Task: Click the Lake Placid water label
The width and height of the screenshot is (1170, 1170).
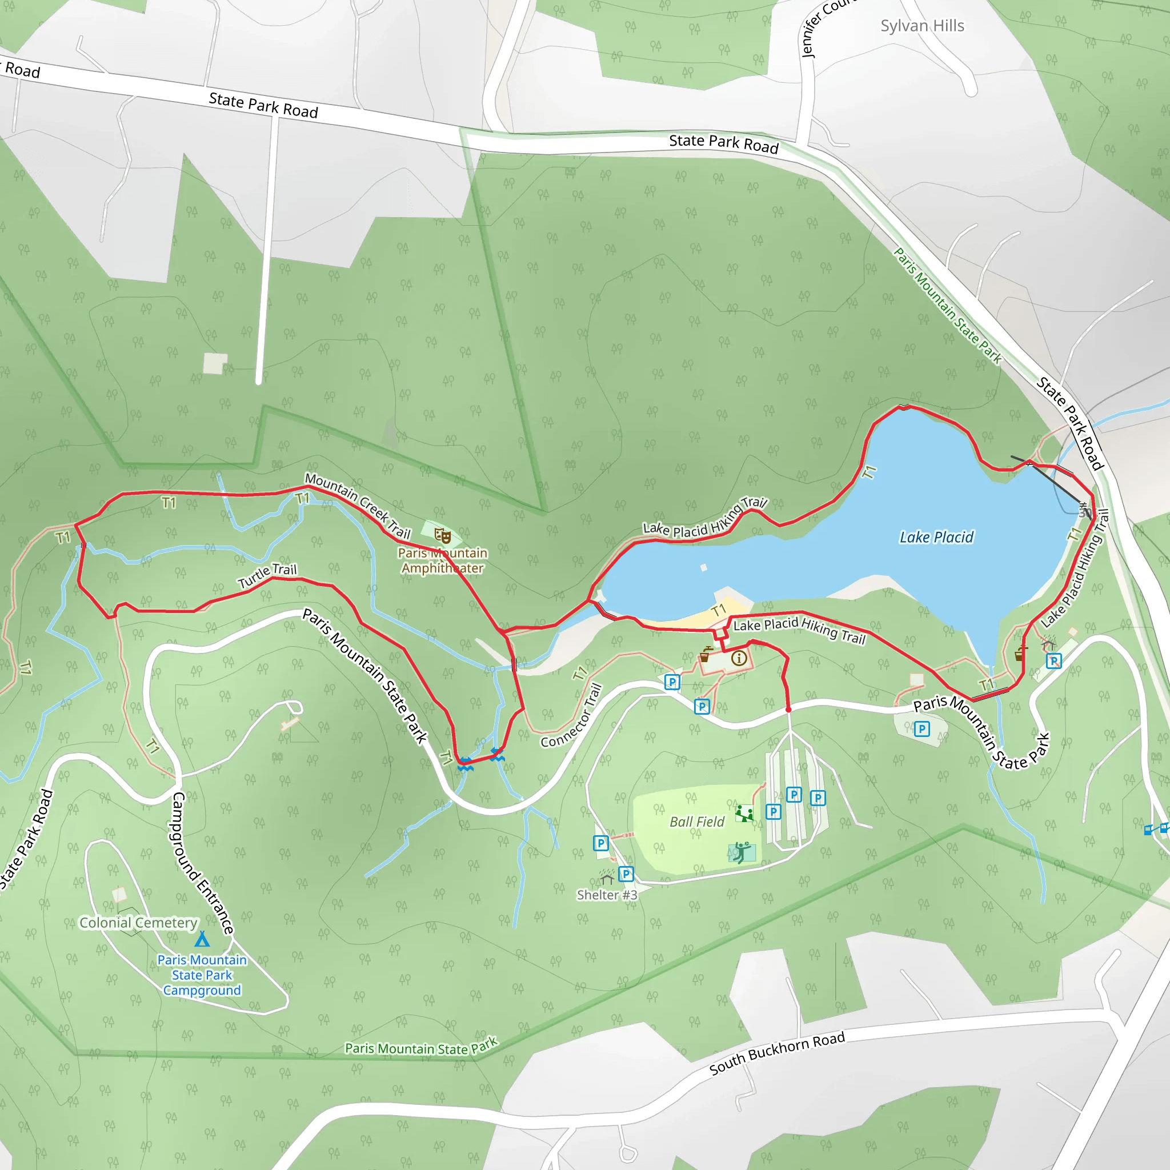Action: [936, 537]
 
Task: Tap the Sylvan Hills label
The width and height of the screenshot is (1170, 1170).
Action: [921, 26]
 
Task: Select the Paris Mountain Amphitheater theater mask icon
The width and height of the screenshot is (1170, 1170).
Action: [443, 536]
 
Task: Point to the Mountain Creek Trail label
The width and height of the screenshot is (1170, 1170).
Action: [357, 506]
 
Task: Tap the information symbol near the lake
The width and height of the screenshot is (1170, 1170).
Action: [739, 658]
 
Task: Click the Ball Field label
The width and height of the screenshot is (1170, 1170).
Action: [696, 822]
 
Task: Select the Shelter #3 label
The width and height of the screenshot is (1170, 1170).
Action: [607, 895]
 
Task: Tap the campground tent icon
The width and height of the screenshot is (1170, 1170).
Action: [202, 939]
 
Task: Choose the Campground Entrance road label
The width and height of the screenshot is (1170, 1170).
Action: [202, 863]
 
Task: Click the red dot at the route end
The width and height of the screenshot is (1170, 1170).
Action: [788, 709]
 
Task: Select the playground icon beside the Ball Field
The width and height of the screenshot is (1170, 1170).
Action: [744, 813]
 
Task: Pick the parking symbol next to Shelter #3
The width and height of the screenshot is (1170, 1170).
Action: [626, 874]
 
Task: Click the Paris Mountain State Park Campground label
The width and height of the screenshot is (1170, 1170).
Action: [202, 975]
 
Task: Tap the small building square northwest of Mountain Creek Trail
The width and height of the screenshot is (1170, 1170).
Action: [214, 363]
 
